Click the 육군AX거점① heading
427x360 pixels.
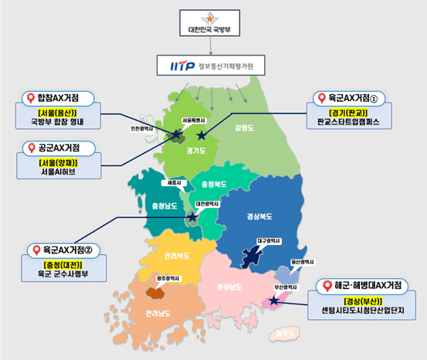[347, 98]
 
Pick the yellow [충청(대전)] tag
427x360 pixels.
[52, 262]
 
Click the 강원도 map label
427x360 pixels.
[245, 128]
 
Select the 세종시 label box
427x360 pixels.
[176, 183]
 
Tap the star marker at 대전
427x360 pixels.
[192, 217]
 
